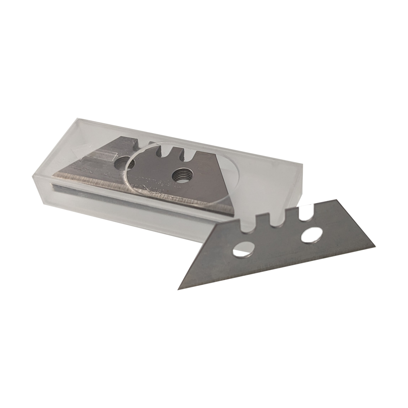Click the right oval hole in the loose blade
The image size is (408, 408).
310,236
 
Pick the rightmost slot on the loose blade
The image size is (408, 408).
302,213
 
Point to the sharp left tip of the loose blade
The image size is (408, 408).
179,289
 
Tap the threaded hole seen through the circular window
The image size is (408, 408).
180,176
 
